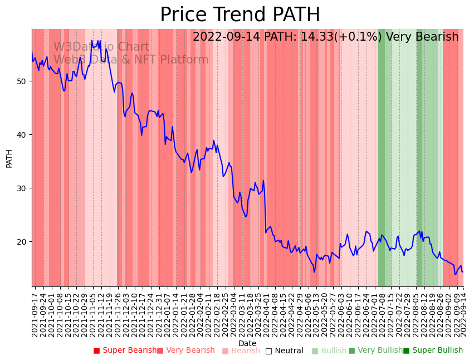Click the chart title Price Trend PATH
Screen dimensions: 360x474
(x=240, y=15)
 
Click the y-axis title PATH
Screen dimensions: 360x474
(x=9, y=158)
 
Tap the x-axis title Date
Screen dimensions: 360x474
(x=247, y=344)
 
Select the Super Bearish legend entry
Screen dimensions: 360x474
(x=125, y=351)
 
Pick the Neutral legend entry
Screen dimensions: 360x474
(x=285, y=351)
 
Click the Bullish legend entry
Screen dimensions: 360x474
(x=329, y=351)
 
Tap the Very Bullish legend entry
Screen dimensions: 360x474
(x=375, y=351)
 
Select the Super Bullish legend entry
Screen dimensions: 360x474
(x=433, y=351)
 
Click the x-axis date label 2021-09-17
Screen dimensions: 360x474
(x=35, y=313)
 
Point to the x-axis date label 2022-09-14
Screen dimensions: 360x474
(x=462, y=313)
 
